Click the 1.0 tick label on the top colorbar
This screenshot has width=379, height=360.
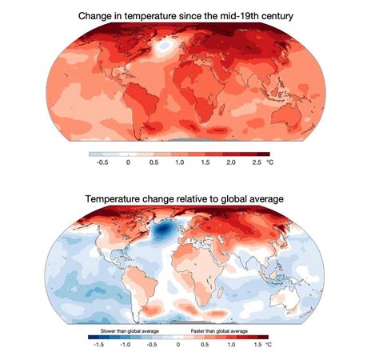coord(178,162)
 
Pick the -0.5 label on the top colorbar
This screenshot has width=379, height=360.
coord(102,162)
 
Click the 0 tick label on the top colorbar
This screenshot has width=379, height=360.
coord(128,162)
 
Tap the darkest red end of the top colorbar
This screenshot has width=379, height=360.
coord(264,153)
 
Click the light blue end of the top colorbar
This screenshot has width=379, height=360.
coord(94,153)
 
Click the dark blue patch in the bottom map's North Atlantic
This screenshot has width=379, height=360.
coord(165,230)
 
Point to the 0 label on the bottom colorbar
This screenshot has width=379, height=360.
coord(178,346)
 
